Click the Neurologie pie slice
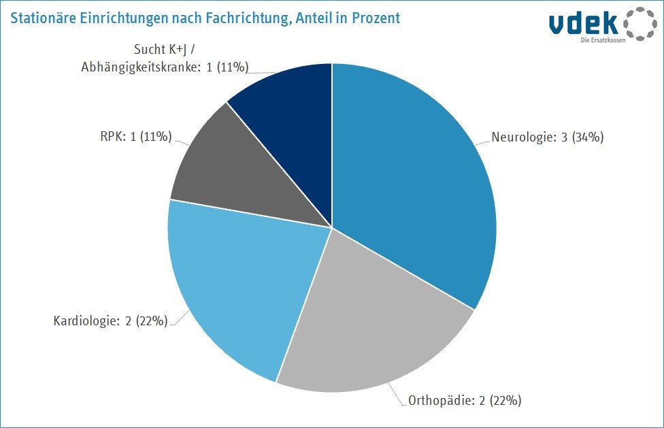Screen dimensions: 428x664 click(415, 184)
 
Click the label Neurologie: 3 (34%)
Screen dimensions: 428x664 click(547, 137)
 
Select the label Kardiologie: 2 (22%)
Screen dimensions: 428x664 click(110, 320)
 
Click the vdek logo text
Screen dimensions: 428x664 click(583, 22)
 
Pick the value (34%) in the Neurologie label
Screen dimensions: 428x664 click(588, 137)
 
